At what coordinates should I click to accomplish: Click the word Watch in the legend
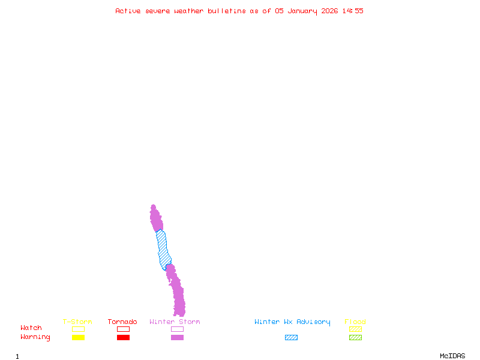tap(31, 328)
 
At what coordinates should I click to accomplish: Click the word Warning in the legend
tap(35, 337)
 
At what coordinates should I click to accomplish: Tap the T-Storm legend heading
tap(77, 322)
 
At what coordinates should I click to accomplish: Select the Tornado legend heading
tap(122, 322)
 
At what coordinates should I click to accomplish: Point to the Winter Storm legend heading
tap(175, 322)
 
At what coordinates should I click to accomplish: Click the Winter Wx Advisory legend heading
tap(292, 322)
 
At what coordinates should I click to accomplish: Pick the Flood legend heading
tap(355, 322)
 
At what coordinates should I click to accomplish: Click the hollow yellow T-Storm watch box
tap(78, 329)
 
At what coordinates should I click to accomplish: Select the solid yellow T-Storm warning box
tap(78, 338)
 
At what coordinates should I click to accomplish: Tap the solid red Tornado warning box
tap(123, 338)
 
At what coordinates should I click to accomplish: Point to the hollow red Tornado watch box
tap(123, 329)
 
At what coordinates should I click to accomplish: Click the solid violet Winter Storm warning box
tap(177, 338)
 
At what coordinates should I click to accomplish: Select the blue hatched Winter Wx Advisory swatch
tap(291, 338)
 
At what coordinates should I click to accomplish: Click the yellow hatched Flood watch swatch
tap(355, 329)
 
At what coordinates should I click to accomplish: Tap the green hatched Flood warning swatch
tap(355, 338)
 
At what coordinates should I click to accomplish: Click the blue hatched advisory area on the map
tap(163, 249)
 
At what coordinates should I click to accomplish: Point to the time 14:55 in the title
tap(353, 11)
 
